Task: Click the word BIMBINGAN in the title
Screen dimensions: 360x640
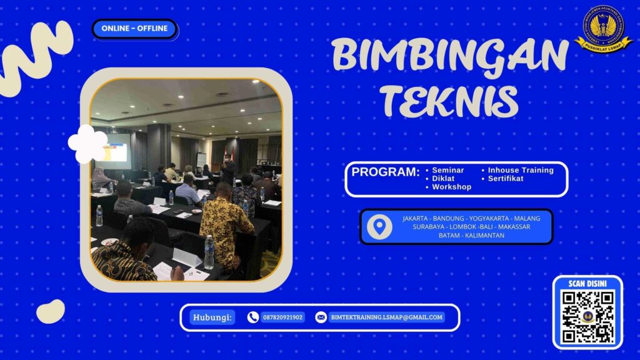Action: (450, 55)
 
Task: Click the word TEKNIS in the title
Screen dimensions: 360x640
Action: (450, 99)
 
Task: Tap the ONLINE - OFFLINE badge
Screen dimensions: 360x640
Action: (134, 29)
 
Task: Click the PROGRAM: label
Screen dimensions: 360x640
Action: (385, 172)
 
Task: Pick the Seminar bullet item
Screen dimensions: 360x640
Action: (447, 170)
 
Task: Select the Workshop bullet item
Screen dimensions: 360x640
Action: (451, 187)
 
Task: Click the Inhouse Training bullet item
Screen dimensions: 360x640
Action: (520, 170)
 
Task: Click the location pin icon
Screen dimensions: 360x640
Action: (379, 227)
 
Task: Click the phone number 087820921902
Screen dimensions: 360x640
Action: (282, 317)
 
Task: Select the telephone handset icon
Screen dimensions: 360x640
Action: (253, 317)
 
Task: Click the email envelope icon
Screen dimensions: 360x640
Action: (321, 317)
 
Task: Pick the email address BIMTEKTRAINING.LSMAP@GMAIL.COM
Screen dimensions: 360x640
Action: (386, 317)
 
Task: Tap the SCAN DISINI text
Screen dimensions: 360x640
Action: (587, 284)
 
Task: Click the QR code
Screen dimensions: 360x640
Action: (587, 316)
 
